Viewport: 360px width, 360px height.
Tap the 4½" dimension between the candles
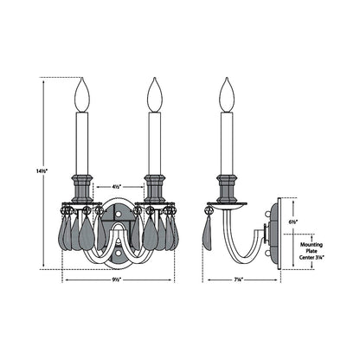118,185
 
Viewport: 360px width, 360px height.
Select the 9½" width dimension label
118,280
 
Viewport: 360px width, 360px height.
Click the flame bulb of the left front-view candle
82,95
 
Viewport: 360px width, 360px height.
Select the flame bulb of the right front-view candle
155,95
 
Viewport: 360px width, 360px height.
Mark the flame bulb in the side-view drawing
228,95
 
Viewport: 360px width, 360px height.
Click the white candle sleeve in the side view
228,143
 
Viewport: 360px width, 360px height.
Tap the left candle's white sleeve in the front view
82,143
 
